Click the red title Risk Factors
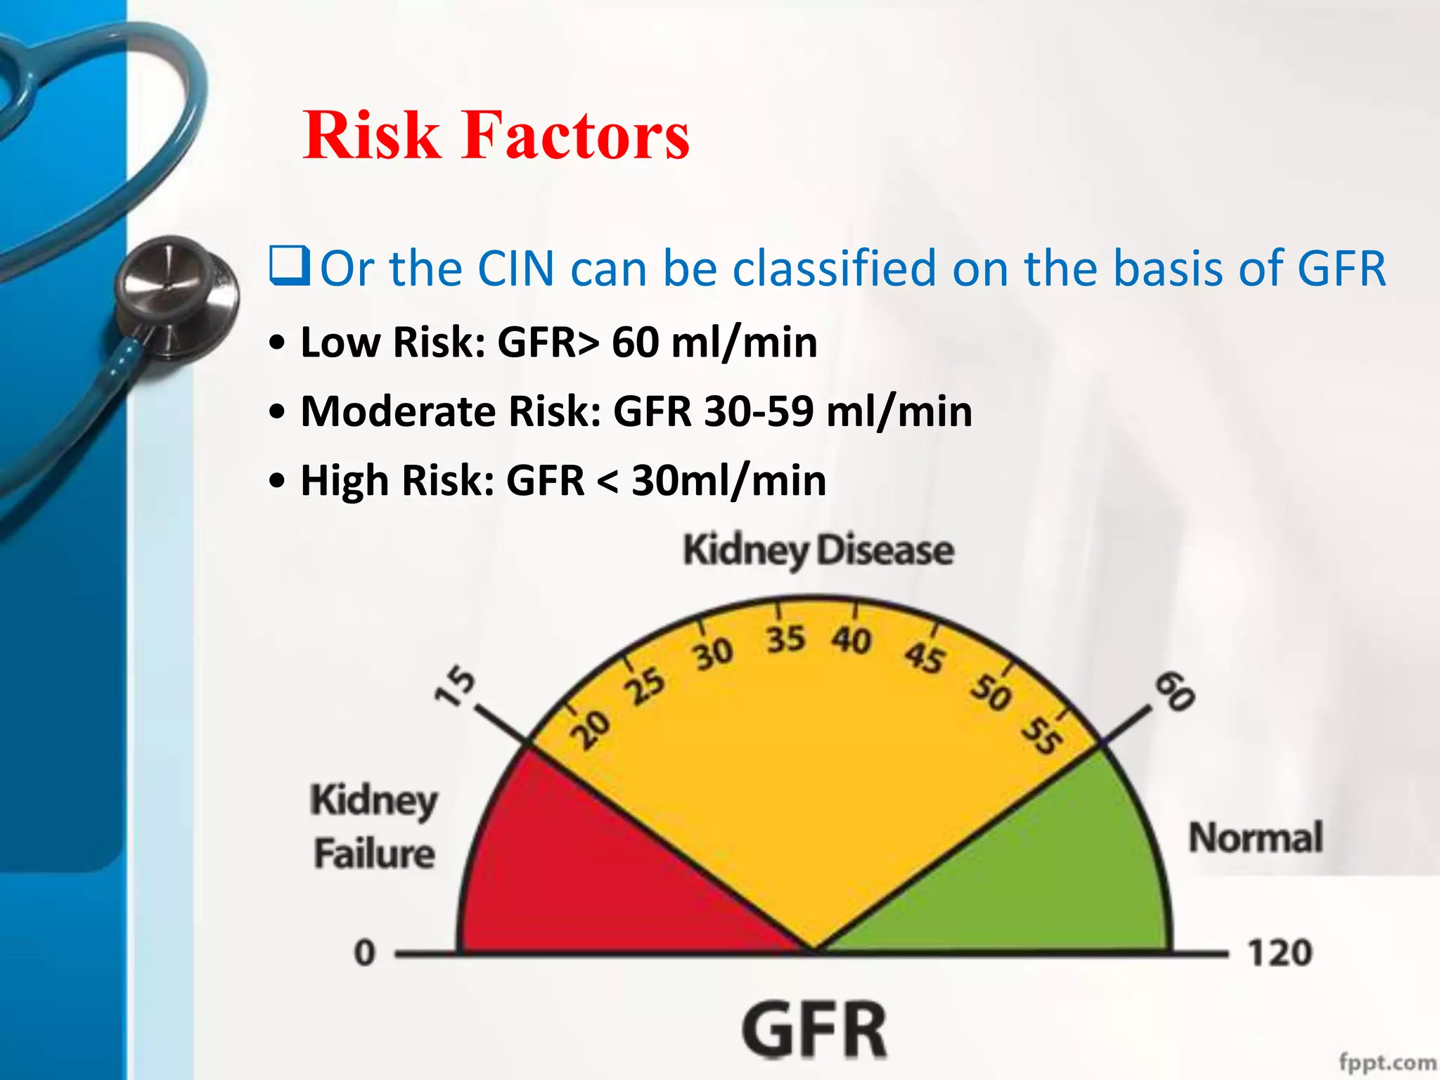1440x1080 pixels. (496, 135)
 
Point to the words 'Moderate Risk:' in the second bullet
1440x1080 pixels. (450, 411)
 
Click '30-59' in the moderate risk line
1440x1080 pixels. (759, 411)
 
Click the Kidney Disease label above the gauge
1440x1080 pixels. (818, 550)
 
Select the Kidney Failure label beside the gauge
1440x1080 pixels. (373, 827)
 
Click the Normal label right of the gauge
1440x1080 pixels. (1255, 837)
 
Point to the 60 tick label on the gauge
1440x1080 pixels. (1175, 691)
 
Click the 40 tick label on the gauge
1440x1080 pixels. (851, 640)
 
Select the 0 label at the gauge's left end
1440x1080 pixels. (364, 953)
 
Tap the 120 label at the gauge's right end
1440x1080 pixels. (1280, 953)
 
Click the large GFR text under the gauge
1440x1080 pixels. (814, 1030)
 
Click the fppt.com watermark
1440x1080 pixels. (1387, 1062)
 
